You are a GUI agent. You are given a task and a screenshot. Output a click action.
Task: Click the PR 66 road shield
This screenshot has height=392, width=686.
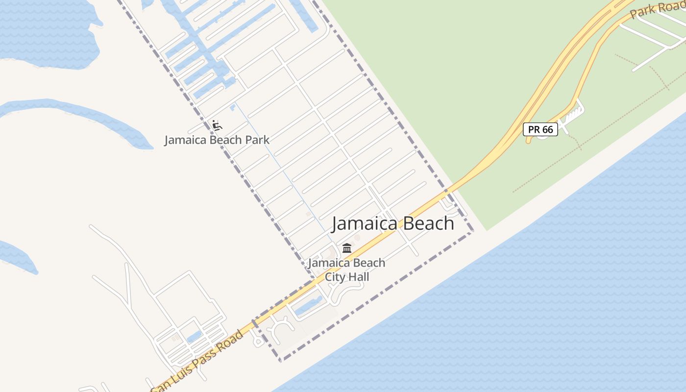click(540, 129)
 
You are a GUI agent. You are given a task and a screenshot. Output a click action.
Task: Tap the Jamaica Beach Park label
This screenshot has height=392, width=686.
click(217, 140)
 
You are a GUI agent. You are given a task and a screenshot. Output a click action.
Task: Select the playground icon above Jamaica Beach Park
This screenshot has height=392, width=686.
click(217, 126)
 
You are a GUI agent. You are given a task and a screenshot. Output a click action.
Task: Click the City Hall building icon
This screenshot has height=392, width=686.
click(347, 248)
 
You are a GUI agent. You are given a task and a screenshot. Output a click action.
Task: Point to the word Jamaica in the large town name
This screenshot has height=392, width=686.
click(362, 223)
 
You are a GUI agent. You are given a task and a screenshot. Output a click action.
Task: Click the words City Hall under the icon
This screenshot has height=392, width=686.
click(347, 277)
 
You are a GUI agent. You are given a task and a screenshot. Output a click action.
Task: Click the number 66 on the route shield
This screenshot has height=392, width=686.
click(547, 129)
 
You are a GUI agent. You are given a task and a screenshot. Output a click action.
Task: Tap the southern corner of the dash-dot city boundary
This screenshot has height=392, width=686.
click(281, 361)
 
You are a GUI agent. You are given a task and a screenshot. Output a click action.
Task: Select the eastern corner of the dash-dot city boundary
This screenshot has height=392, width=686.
click(473, 231)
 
